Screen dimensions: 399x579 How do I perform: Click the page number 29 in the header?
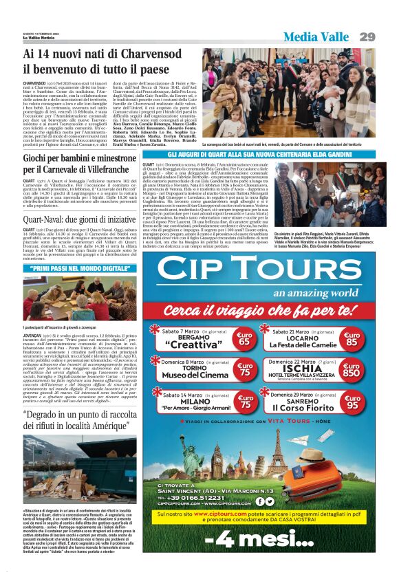click(x=367, y=36)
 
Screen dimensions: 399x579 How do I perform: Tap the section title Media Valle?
click(x=319, y=36)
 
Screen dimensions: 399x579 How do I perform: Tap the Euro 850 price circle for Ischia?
click(x=352, y=369)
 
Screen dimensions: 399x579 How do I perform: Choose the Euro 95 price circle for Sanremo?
click(x=352, y=403)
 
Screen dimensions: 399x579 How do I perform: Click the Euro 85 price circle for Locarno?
click(x=352, y=338)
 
